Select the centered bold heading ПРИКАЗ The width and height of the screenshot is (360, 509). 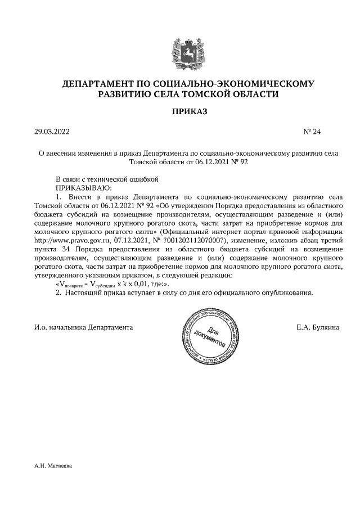coord(189,112)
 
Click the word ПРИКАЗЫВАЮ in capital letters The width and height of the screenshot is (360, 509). coord(83,187)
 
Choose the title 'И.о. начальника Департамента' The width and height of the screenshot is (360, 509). coord(83,327)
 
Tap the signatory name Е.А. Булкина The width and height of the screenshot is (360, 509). coord(317,327)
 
